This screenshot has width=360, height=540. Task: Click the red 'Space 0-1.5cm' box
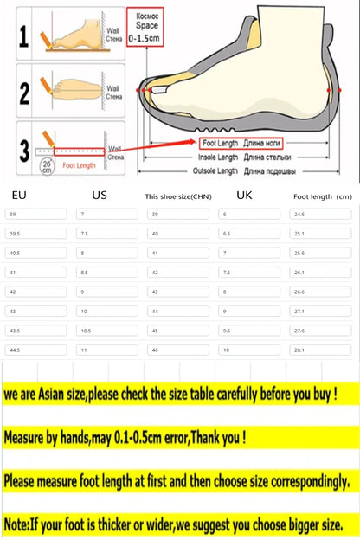(x=143, y=27)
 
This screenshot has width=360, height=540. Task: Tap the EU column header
(x=20, y=196)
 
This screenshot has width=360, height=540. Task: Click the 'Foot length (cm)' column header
(x=321, y=196)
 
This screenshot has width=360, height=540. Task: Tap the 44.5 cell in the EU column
(x=15, y=350)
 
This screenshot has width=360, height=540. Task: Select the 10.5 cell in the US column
(x=86, y=330)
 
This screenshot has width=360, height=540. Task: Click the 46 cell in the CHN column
(x=157, y=350)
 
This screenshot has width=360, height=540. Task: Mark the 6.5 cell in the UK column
(x=227, y=233)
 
